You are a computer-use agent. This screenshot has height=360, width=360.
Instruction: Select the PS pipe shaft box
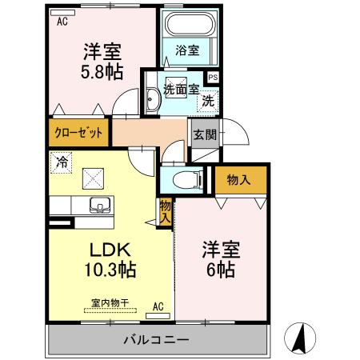(212, 77)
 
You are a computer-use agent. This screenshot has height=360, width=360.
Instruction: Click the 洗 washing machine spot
(207, 101)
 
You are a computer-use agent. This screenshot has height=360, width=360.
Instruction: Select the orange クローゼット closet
(78, 133)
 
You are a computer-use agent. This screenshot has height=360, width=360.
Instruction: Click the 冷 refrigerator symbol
(62, 162)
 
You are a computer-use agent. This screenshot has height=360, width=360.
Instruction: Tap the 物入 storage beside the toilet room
(239, 180)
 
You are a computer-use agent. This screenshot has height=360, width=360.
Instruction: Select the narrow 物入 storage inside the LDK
(166, 212)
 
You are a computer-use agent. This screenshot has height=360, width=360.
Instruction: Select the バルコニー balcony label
(156, 340)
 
